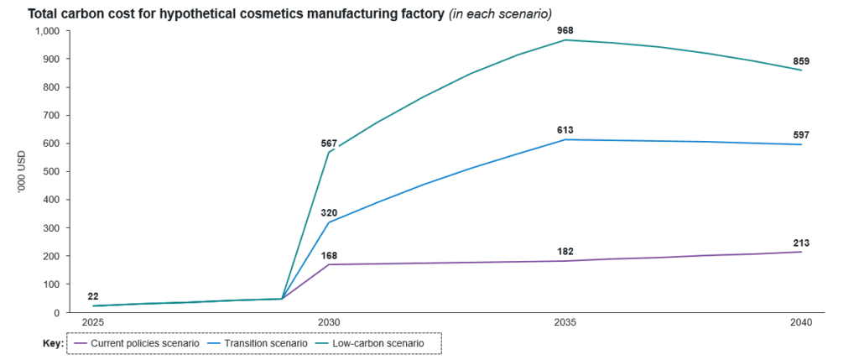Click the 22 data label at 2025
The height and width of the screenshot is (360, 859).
click(x=92, y=296)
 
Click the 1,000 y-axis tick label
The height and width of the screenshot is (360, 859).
click(x=48, y=31)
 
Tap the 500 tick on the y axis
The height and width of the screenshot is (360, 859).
click(x=52, y=171)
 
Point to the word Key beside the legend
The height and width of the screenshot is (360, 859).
click(x=52, y=343)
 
